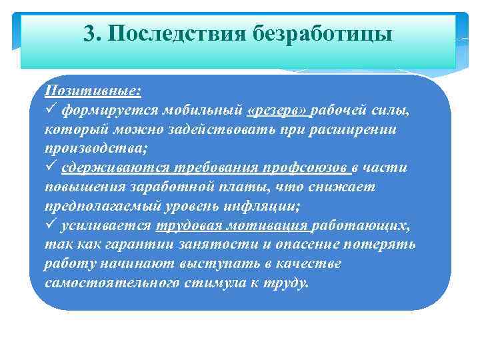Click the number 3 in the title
(90, 33)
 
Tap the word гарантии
(143, 244)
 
